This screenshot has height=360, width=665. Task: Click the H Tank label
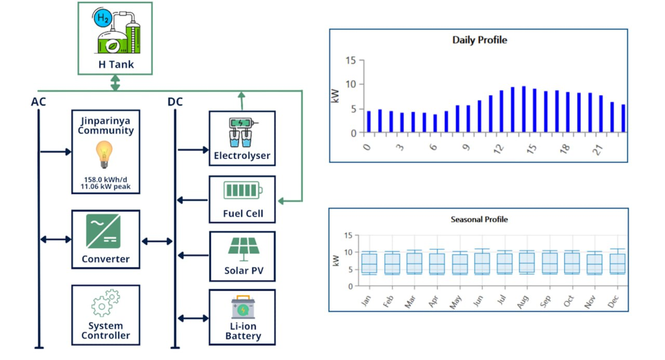116,64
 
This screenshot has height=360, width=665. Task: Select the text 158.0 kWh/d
105,179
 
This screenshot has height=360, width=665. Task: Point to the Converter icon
104,232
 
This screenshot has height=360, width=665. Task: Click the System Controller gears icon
105,302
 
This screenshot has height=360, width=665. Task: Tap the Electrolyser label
242,156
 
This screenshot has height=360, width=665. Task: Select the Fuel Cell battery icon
243,191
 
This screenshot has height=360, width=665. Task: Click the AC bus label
38,102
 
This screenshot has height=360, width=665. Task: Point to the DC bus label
175,102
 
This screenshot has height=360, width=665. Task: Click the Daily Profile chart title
479,40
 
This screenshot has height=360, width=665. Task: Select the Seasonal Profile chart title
479,219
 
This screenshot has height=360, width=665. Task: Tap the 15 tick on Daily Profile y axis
350,60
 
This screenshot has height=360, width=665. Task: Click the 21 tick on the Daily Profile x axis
598,149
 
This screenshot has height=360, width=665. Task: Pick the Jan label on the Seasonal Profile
366,301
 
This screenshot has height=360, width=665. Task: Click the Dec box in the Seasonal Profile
617,263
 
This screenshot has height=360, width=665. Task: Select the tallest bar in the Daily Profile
524,109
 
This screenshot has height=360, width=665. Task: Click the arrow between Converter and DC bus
157,241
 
